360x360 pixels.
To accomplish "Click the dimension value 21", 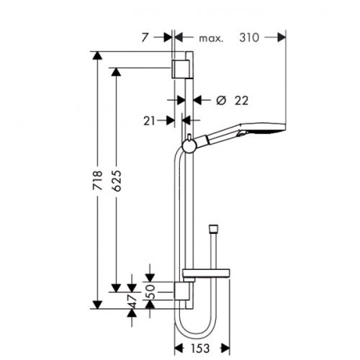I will [150, 122].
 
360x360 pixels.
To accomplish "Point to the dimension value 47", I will [132, 302].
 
